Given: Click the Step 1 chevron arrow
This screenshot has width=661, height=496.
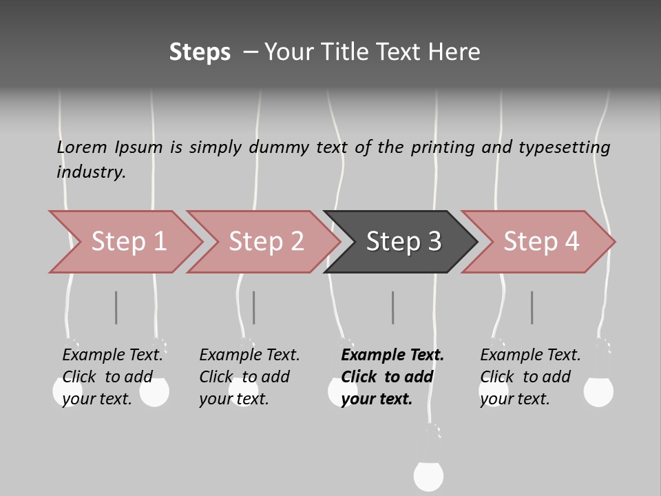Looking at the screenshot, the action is [x=127, y=242].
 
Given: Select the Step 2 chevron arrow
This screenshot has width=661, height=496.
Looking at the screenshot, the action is [x=264, y=242].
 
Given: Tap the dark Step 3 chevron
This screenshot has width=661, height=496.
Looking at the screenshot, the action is [x=401, y=242].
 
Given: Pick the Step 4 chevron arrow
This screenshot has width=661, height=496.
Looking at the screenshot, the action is [x=538, y=242].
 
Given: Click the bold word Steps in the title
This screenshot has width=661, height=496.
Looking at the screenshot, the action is [x=200, y=52].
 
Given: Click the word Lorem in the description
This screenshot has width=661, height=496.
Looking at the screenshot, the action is [x=82, y=147].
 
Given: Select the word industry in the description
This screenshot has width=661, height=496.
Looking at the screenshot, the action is [x=91, y=172].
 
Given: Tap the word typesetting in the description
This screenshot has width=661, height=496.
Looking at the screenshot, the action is [x=565, y=148].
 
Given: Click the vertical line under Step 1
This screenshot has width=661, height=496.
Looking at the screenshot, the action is [x=116, y=307].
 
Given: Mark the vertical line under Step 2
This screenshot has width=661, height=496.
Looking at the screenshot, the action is [x=254, y=307].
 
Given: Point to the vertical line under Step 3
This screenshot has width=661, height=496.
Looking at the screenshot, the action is [x=393, y=307].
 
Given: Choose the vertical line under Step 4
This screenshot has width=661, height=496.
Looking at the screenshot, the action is [x=532, y=307].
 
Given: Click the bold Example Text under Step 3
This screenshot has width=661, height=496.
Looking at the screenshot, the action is [x=392, y=355].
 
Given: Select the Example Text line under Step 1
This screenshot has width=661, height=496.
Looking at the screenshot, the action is [x=112, y=355].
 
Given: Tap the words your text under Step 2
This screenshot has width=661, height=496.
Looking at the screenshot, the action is [x=234, y=399].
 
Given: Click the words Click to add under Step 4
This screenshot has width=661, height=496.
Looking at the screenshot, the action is [x=525, y=377].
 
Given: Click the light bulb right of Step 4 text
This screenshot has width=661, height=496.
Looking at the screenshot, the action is [x=598, y=392].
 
